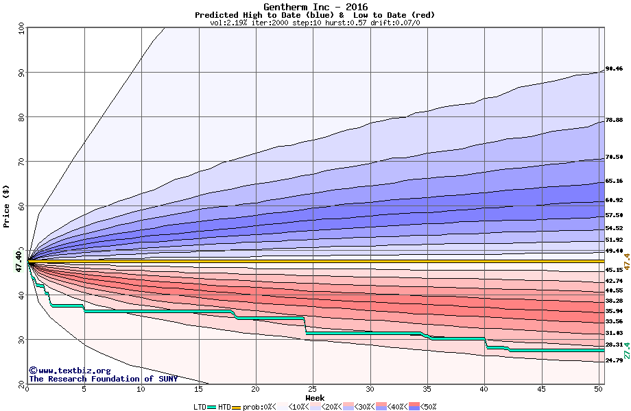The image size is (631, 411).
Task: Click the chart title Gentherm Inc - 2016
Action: [315, 7]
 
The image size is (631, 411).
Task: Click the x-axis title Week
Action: [315, 398]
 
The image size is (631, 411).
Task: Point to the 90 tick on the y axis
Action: [21, 73]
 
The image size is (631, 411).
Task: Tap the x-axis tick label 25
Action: [313, 389]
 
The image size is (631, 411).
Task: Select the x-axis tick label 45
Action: [542, 389]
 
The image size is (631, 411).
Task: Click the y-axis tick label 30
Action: [21, 340]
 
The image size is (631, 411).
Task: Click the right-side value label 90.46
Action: [614, 69]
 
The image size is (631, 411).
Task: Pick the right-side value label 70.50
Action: [614, 157]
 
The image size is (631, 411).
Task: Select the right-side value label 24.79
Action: [614, 360]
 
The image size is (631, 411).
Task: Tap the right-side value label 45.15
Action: [614, 270]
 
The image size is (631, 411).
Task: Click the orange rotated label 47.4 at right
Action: [626, 261]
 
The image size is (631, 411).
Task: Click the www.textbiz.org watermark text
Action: [69, 371]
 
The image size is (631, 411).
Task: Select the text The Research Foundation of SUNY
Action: [103, 379]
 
